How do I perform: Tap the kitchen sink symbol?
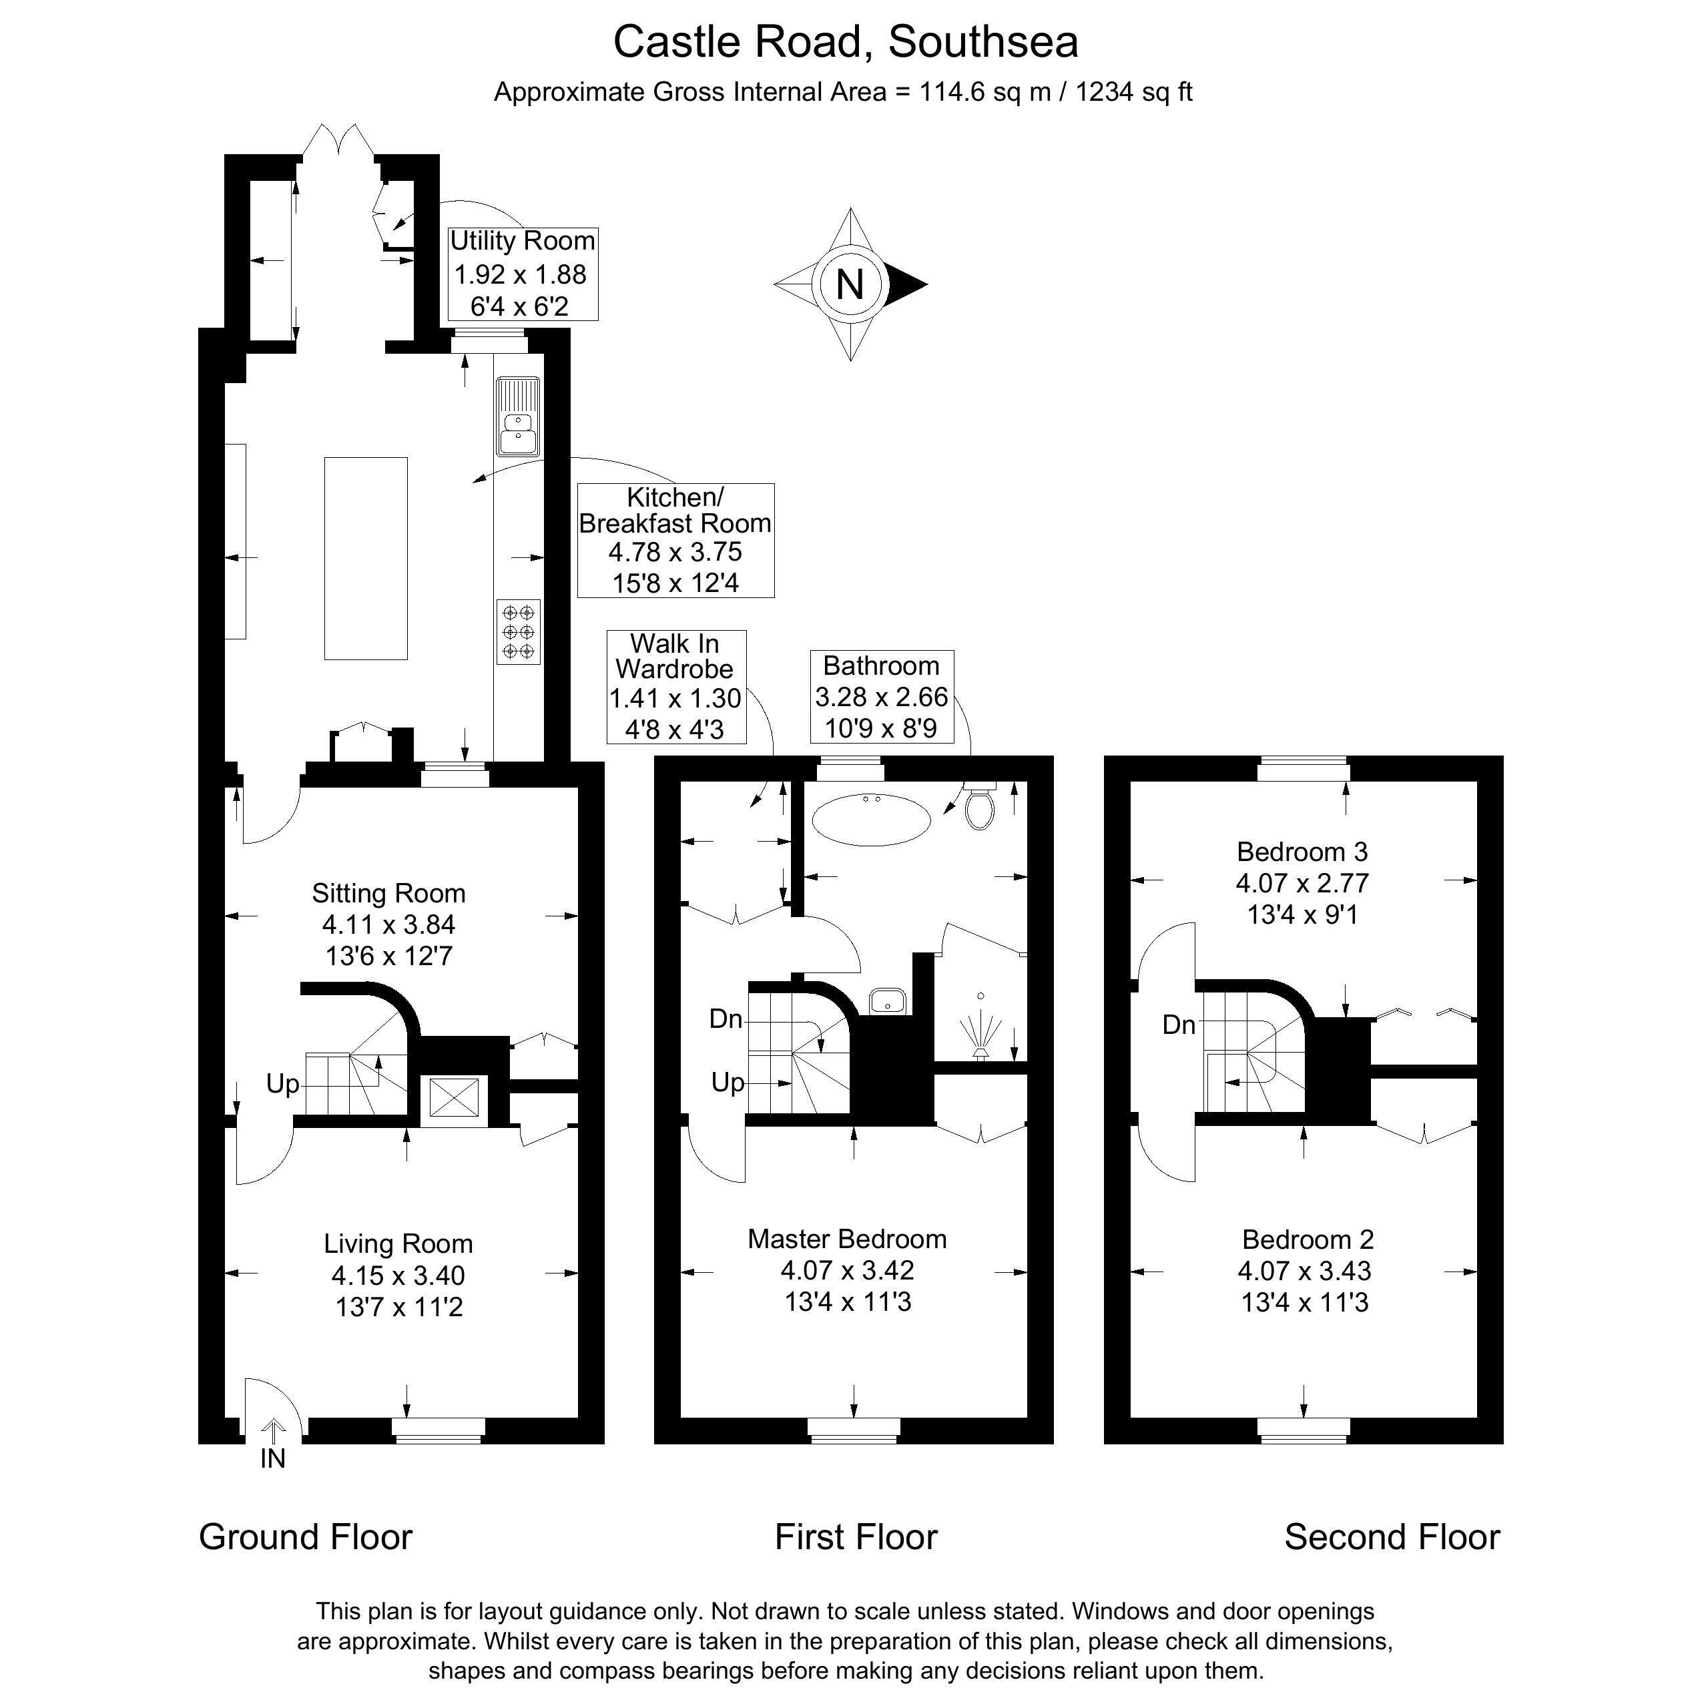coord(518,416)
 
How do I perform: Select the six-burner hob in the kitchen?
coord(518,631)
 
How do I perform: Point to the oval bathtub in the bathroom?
coord(870,820)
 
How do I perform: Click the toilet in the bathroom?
coord(980,804)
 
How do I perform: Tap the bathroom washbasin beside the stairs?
coord(888,1001)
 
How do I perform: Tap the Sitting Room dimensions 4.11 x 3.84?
coord(388,924)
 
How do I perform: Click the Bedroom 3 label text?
coord(1302,851)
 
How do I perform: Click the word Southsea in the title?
coord(983,42)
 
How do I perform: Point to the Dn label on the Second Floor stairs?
coord(1179,1025)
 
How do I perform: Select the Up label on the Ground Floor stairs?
coord(283,1083)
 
